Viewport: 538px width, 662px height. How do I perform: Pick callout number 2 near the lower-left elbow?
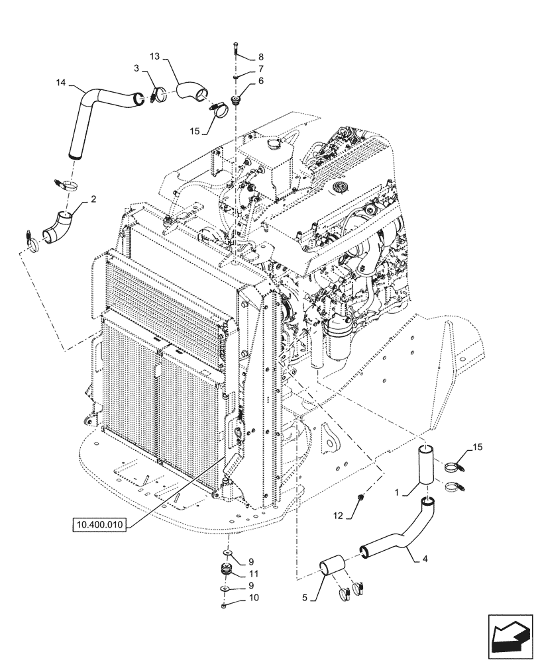[x=95, y=198]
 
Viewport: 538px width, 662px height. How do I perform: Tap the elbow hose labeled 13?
[x=191, y=90]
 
